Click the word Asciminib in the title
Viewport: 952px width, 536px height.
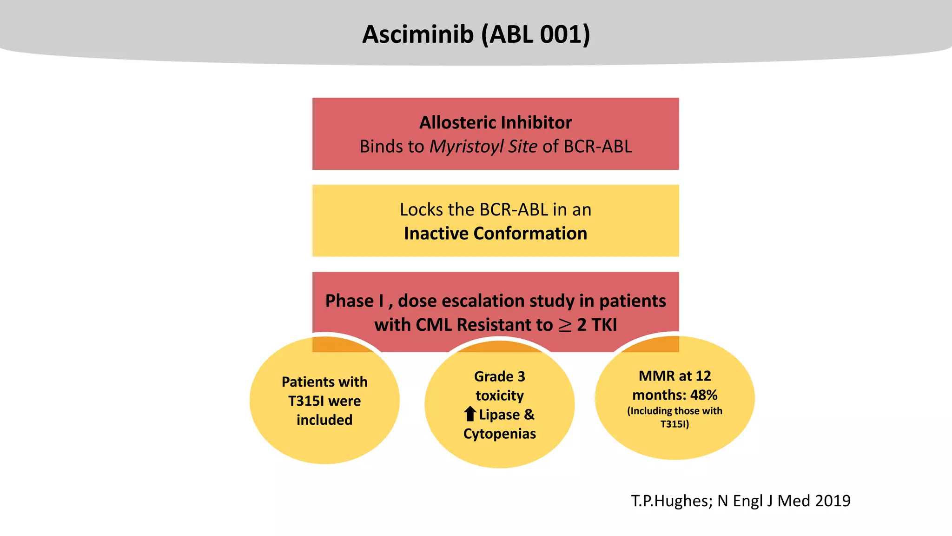point(417,34)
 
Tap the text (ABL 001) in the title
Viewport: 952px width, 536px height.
point(535,34)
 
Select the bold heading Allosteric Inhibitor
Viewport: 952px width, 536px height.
point(495,123)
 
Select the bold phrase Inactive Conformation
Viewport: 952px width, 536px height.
point(495,234)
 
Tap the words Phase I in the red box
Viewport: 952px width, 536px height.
point(354,301)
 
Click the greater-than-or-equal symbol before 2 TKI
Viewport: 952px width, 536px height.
point(565,325)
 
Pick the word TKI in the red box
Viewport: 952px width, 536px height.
point(604,325)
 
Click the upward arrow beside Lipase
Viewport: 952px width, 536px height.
point(470,414)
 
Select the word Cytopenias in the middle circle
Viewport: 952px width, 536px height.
point(499,434)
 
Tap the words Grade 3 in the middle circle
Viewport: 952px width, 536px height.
point(499,376)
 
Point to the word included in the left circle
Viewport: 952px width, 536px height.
point(324,420)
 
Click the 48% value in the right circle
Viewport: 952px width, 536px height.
point(703,395)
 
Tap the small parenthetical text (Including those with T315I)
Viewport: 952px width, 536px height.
point(674,417)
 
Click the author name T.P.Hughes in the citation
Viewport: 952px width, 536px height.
point(669,501)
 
